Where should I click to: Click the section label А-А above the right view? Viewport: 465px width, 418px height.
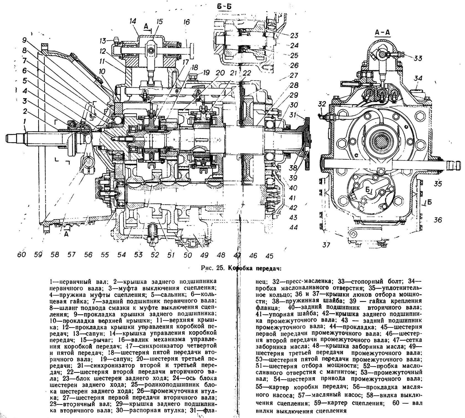tap(382, 33)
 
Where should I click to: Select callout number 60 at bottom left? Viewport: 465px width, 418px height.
tap(21, 254)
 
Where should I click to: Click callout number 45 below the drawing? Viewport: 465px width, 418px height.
tap(269, 255)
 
